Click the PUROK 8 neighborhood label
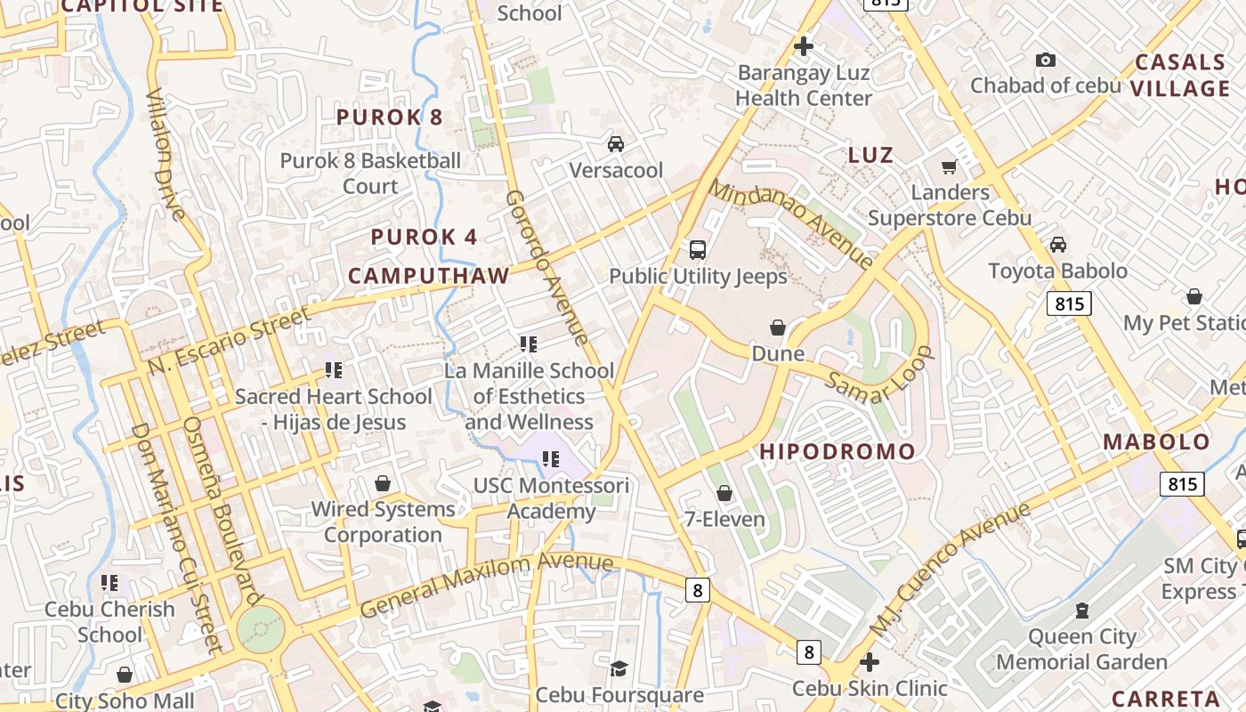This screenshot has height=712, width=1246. pos(389,117)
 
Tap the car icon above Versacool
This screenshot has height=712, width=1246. pos(615,143)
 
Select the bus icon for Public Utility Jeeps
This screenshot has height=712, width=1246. pos(698,250)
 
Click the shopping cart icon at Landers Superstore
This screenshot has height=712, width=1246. pos(950,166)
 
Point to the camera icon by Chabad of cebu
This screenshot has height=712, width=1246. pos(1046,60)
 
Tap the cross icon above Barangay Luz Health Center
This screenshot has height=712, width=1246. pos(804,46)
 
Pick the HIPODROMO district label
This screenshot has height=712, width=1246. pos(837,451)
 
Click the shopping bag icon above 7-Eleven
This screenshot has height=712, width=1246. pos(724,493)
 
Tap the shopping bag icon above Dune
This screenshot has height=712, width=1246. pos(778,328)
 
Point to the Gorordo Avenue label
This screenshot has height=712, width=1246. pos(546,267)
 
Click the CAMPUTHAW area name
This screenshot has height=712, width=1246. pos(428,276)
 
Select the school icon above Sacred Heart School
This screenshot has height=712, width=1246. pos(333,370)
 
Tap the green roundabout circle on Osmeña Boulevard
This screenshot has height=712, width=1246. pos(261,629)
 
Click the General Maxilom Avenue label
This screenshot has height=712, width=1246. pos(487,584)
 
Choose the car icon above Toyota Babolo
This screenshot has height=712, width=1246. pos(1058,245)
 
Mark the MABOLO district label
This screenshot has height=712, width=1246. pos(1156,441)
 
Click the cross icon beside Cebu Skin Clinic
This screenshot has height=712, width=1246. pos(870,662)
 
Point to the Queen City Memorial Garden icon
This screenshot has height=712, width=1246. pos(1081,611)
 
